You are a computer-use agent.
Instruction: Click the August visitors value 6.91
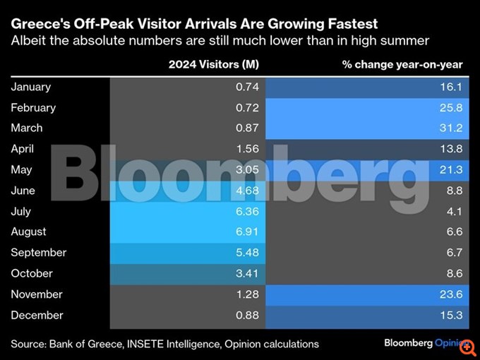click(247, 232)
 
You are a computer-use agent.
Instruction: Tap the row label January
click(31, 87)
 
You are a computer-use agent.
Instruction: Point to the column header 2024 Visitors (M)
click(213, 65)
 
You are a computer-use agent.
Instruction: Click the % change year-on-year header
click(402, 65)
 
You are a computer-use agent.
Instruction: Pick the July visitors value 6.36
click(247, 210)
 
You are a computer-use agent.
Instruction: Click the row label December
click(37, 315)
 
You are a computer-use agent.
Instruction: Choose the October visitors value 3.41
click(247, 273)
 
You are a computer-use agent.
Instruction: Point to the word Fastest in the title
click(353, 25)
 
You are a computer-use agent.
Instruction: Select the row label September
click(38, 252)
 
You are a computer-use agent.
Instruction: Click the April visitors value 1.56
click(247, 149)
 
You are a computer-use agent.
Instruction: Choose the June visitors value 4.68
click(247, 190)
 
